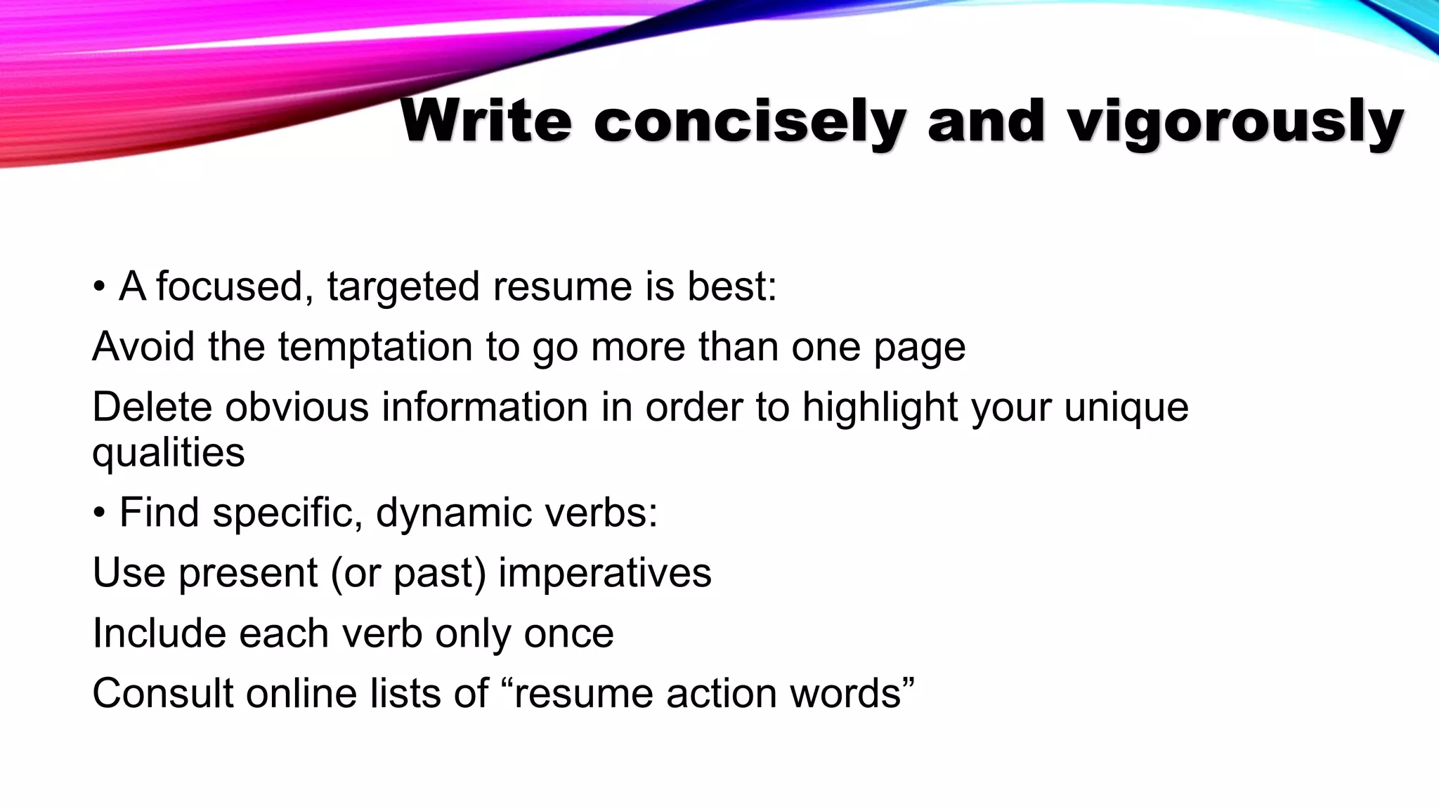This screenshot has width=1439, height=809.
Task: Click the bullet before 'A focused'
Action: tap(99, 287)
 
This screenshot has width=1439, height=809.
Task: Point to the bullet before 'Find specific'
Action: tap(99, 513)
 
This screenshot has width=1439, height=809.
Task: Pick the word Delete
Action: tap(152, 407)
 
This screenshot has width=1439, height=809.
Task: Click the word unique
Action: tap(1126, 407)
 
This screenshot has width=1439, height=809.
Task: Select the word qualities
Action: tap(169, 453)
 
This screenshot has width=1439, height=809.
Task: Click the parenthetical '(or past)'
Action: tap(408, 573)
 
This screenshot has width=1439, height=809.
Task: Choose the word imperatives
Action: tap(605, 573)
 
